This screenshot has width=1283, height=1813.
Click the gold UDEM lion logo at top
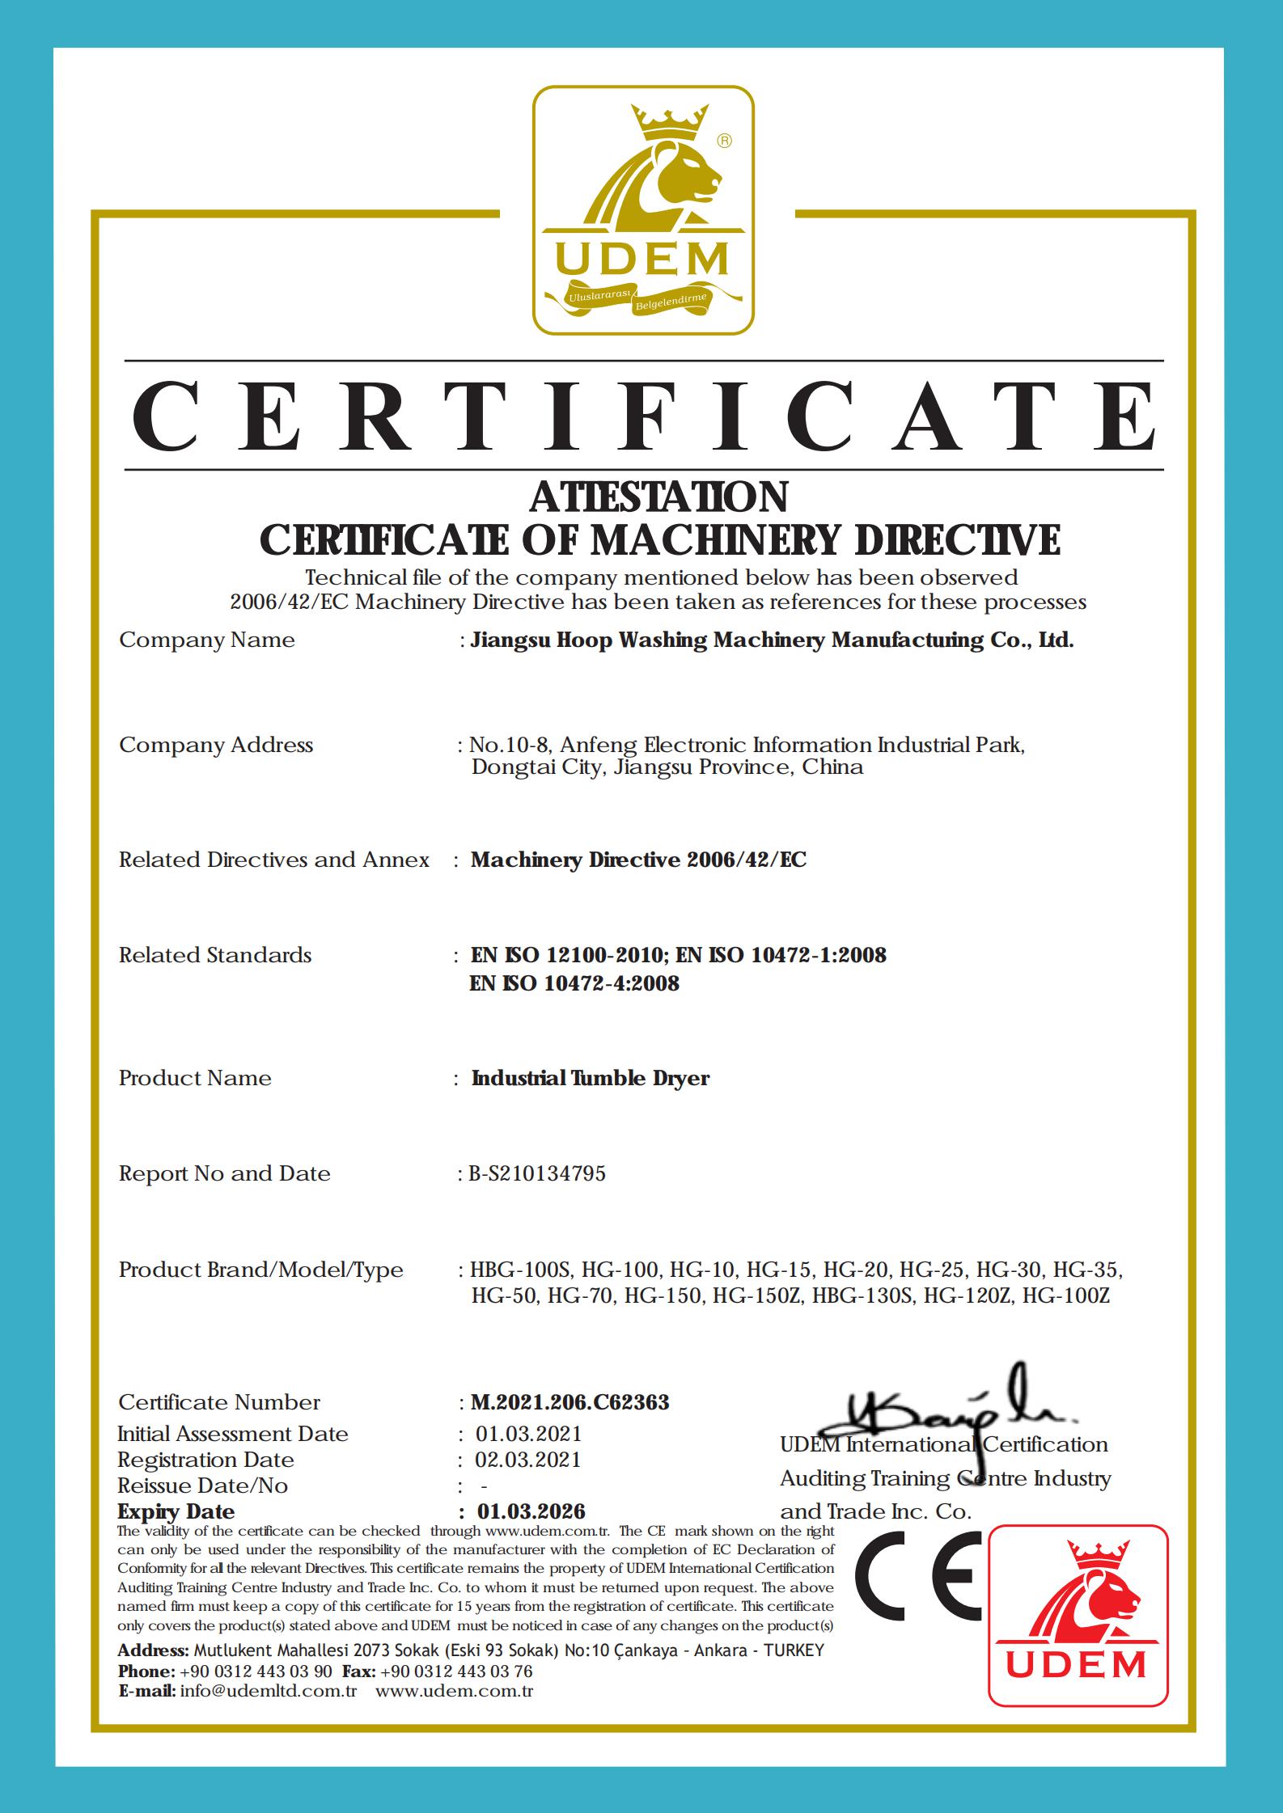(x=643, y=211)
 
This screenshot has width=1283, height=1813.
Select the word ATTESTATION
(x=658, y=497)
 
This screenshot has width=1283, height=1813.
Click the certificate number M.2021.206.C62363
(x=570, y=1401)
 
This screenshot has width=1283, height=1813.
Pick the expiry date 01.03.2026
(x=531, y=1511)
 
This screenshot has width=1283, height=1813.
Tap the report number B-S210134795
(x=537, y=1173)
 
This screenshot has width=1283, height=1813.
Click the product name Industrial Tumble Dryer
(x=591, y=1078)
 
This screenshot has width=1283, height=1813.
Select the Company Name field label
(x=207, y=640)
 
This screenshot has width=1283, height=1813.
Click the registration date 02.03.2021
(x=528, y=1459)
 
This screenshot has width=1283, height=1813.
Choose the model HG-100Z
(x=1065, y=1295)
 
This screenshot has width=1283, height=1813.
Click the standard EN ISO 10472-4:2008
(x=574, y=983)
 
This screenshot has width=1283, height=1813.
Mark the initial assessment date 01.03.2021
(x=528, y=1434)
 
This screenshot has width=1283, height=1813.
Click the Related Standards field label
(x=215, y=955)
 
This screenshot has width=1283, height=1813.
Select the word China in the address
(x=832, y=767)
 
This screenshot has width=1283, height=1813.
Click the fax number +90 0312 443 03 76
(x=455, y=1671)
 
